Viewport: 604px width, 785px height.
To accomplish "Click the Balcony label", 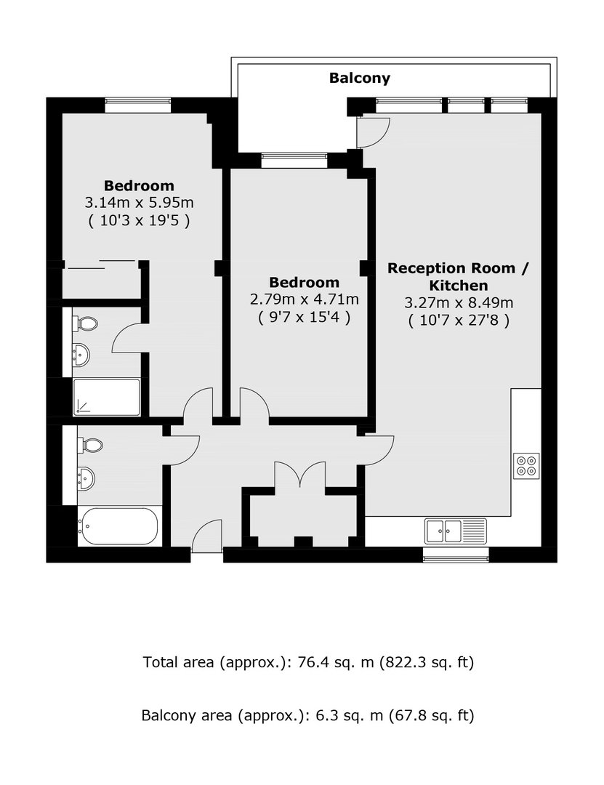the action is pos(359,78).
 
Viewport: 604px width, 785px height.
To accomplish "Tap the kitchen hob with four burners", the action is pos(526,466).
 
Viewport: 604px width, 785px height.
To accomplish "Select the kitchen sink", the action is pos(455,531).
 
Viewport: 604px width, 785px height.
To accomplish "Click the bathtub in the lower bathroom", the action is pos(119,526).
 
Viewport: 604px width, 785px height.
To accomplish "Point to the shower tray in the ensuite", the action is pos(107,398).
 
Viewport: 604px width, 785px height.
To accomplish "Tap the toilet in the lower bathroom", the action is pos(90,445).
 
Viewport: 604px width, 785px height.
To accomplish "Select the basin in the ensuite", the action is pos(81,355).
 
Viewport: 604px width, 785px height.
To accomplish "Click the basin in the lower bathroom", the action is pos(86,478).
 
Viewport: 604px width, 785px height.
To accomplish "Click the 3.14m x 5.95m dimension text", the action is pos(140,203).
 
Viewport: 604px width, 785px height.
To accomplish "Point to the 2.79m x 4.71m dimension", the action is pos(305,299).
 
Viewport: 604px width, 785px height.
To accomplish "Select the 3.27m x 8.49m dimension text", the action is pos(459,302).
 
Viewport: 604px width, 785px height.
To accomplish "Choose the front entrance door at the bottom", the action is pos(206,536).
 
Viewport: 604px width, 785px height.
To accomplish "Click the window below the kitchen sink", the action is pos(456,555).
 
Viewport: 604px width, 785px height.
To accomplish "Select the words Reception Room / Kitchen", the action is pos(458,277).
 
